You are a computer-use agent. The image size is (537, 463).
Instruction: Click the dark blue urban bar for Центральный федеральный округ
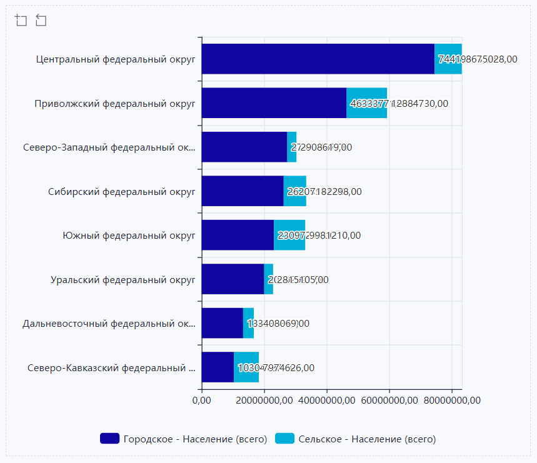[x=318, y=59]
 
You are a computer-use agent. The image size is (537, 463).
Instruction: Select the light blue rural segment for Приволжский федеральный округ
[x=367, y=103]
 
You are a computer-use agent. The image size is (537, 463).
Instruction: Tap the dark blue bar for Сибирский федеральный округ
[x=243, y=191]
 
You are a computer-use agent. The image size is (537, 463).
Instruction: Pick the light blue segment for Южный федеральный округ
[x=289, y=235]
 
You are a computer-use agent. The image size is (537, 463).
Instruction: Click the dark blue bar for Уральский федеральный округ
[x=233, y=279]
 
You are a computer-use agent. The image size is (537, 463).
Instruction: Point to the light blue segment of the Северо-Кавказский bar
[x=246, y=367]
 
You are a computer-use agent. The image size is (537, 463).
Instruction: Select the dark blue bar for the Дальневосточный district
[x=222, y=323]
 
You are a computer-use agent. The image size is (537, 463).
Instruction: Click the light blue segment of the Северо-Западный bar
[x=292, y=147]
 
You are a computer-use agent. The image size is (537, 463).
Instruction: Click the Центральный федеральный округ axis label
[x=116, y=59]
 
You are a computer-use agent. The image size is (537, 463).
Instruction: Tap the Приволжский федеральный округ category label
[x=115, y=104]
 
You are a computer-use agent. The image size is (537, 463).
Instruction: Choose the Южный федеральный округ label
[x=129, y=236]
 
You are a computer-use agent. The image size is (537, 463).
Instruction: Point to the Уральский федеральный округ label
[x=123, y=280]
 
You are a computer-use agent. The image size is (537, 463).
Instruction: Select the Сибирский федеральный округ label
[x=122, y=192]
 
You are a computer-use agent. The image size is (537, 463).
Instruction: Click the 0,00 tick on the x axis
[x=202, y=400]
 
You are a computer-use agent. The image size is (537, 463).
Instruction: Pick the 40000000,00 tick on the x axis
[x=326, y=400]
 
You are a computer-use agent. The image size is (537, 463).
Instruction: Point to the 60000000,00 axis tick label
[x=389, y=400]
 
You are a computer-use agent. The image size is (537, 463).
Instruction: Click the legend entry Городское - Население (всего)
[x=184, y=439]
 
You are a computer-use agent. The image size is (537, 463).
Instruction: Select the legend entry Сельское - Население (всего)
[x=357, y=439]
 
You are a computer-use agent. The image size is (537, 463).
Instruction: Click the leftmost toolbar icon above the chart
[x=21, y=21]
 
